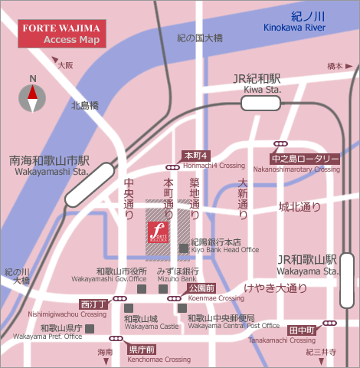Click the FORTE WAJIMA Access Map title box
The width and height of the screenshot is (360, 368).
62,33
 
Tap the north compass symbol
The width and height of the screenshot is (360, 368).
33,95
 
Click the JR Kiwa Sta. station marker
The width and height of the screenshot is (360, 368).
260,101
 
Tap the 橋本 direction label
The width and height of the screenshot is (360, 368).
335,66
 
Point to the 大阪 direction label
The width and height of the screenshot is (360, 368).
64,65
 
